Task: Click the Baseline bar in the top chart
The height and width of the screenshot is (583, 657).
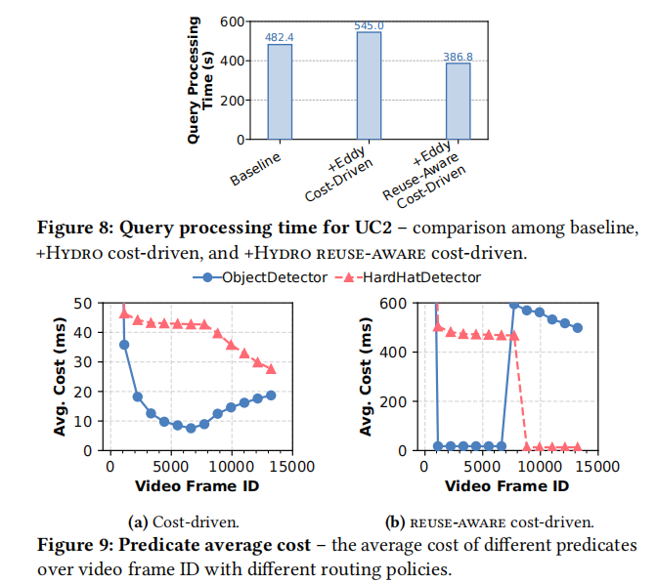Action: click(280, 92)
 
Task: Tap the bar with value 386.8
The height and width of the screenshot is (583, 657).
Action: click(458, 102)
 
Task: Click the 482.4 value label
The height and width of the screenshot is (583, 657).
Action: click(280, 37)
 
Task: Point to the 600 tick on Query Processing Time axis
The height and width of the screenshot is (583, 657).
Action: click(231, 21)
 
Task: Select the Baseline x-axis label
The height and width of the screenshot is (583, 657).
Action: click(256, 168)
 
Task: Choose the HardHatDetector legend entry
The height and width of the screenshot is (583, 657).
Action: click(408, 277)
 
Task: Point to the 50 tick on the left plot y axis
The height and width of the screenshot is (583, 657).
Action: click(87, 303)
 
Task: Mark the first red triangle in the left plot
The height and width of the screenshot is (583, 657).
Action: click(124, 312)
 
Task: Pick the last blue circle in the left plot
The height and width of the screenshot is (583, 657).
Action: click(271, 395)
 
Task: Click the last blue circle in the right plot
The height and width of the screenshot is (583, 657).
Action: click(578, 328)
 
